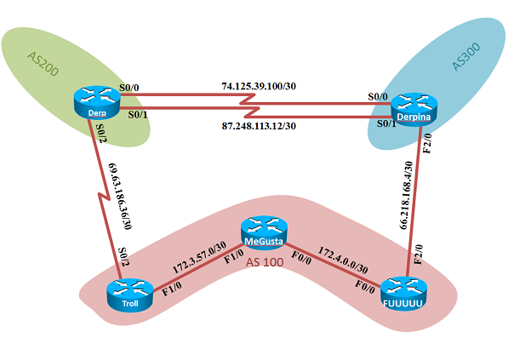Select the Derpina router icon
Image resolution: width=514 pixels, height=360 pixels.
(x=413, y=108)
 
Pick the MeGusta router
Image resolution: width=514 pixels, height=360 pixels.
(x=263, y=231)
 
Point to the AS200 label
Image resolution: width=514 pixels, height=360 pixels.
(x=43, y=68)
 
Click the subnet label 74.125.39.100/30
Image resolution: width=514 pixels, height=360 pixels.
(x=258, y=87)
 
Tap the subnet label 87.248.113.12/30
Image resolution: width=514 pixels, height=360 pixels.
(x=258, y=126)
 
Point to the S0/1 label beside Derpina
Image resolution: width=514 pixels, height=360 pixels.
(x=385, y=123)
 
